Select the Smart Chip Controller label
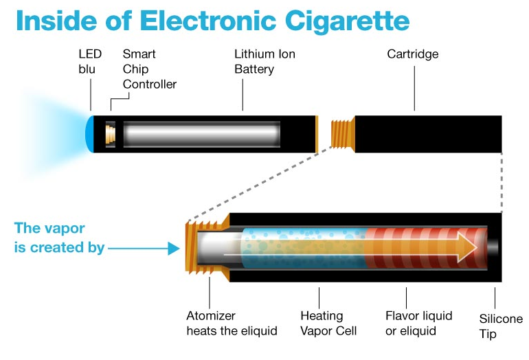click(149, 69)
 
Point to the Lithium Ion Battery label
click(264, 62)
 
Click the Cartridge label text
click(412, 54)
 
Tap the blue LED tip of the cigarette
click(89, 134)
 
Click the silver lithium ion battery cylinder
click(202, 134)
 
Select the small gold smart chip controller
click(109, 134)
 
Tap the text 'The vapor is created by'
click(59, 238)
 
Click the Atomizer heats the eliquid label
click(232, 324)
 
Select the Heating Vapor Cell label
click(328, 324)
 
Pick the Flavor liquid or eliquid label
click(419, 323)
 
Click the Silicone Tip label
click(501, 326)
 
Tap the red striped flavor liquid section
click(419, 247)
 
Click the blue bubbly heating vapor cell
click(302, 247)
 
